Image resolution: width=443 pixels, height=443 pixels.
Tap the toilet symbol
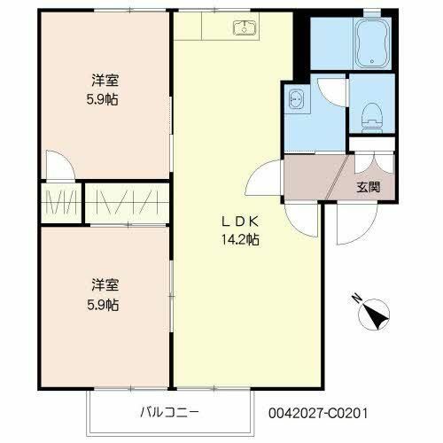pyautogui.click(x=373, y=112)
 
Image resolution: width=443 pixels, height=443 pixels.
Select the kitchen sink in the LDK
pyautogui.click(x=244, y=28)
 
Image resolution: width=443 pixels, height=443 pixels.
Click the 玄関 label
pyautogui.click(x=369, y=188)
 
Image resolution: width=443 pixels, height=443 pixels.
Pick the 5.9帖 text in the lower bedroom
pyautogui.click(x=104, y=304)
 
